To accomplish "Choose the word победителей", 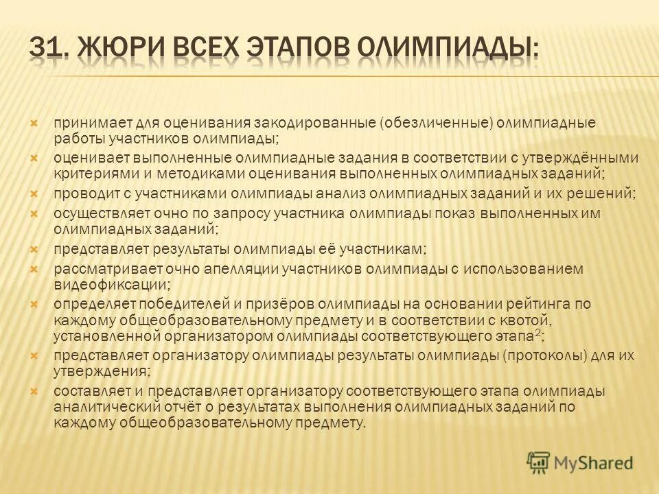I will pos(172,304).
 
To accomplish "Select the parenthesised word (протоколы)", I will pos(542,357).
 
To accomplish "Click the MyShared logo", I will pos(579,463).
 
